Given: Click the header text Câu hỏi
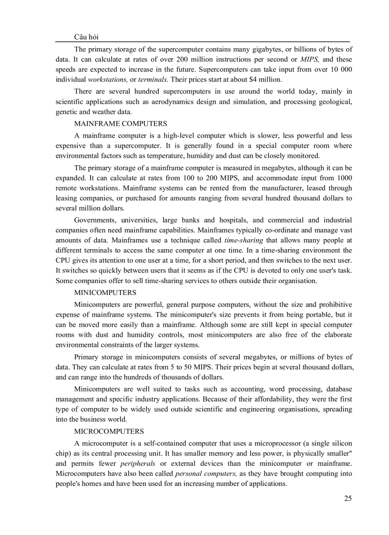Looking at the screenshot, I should pos(87,37).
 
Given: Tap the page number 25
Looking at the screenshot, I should pos(348,498).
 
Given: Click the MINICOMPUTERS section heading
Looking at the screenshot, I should pos(105,293).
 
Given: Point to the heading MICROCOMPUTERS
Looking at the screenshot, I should pos(109,432).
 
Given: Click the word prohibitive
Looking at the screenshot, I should pos(333,304).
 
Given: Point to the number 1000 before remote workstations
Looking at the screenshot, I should pos(343,178).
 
